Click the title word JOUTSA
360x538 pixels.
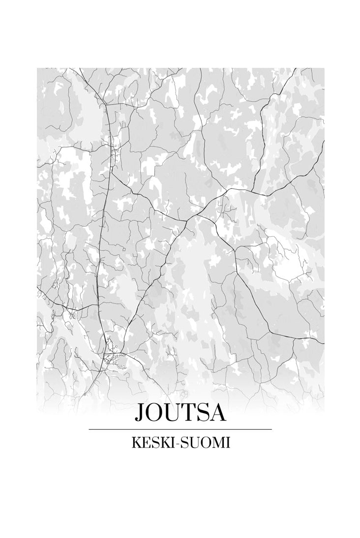180,413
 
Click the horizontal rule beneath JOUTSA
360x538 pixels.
180,429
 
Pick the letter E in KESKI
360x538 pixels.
144,443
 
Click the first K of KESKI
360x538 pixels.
135,443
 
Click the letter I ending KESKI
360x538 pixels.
170,443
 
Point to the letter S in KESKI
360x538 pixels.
151,443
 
